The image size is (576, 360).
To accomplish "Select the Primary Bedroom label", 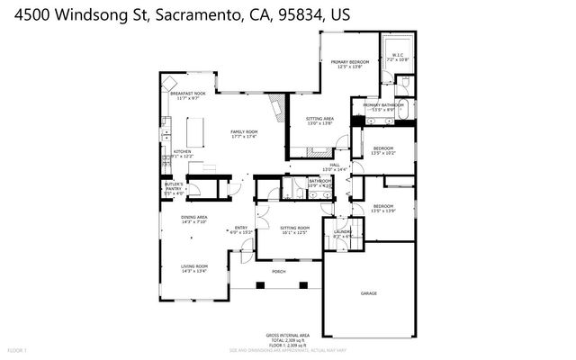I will [x=350, y=61].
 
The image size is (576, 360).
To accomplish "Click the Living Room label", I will [x=194, y=266].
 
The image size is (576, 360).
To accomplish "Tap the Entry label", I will [x=241, y=228].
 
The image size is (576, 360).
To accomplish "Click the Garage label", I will [x=369, y=293].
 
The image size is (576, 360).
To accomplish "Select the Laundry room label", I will [x=342, y=232].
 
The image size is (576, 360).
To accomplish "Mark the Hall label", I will [x=334, y=166].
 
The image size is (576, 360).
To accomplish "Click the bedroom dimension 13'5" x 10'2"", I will [x=384, y=152].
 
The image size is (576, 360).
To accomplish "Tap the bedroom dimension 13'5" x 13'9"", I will [x=384, y=211].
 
